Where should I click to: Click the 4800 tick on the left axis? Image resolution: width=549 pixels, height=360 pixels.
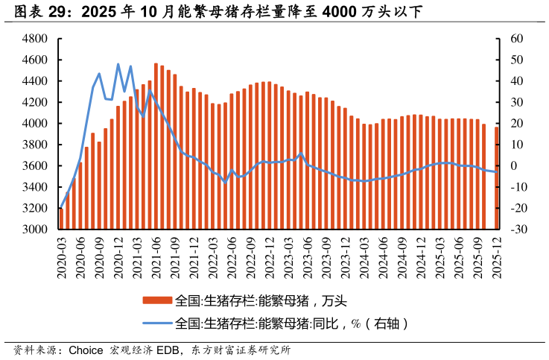(37, 38)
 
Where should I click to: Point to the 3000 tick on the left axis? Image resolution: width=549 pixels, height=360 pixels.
(37, 230)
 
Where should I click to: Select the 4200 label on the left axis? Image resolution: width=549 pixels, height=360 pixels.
(37, 102)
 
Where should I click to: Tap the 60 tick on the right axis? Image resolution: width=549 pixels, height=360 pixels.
(518, 38)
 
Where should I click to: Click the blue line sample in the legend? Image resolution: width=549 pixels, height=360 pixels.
(157, 323)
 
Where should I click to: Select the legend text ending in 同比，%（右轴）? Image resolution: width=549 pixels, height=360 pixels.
(292, 323)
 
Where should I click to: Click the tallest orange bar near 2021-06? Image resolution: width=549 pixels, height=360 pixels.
(156, 146)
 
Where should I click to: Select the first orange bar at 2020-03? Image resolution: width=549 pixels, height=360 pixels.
(61, 219)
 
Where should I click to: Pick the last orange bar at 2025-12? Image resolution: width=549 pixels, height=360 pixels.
(497, 178)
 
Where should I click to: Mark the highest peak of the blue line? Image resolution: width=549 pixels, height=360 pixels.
(118, 64)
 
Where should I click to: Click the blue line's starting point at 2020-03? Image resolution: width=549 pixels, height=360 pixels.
(61, 208)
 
